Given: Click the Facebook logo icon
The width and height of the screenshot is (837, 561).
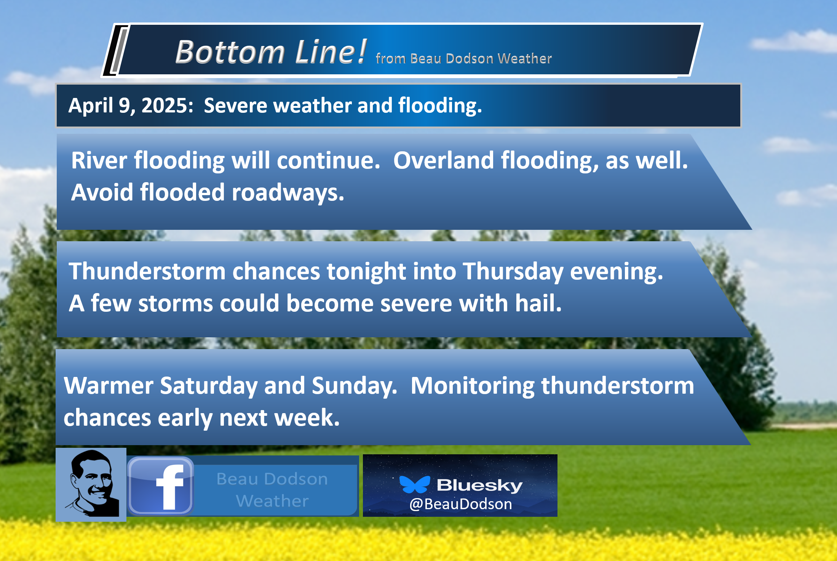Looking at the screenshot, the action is point(161,486).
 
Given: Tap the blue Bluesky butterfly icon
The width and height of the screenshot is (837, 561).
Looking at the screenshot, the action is point(415,484).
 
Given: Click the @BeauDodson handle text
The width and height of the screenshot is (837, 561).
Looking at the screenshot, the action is point(461,504).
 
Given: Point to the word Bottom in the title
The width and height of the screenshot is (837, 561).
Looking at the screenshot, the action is point(230,52).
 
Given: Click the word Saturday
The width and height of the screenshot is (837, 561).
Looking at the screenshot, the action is point(209,386).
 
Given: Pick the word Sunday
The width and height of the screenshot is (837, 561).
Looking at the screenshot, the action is point(355,386).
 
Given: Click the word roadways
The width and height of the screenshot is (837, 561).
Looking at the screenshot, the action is point(288,192).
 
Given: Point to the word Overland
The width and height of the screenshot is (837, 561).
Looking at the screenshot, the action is point(443,160).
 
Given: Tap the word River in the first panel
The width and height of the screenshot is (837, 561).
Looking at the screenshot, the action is point(99,160).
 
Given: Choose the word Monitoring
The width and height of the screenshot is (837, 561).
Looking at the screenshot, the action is point(473,386).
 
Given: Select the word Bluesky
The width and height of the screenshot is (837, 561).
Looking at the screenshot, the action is point(479,486).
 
